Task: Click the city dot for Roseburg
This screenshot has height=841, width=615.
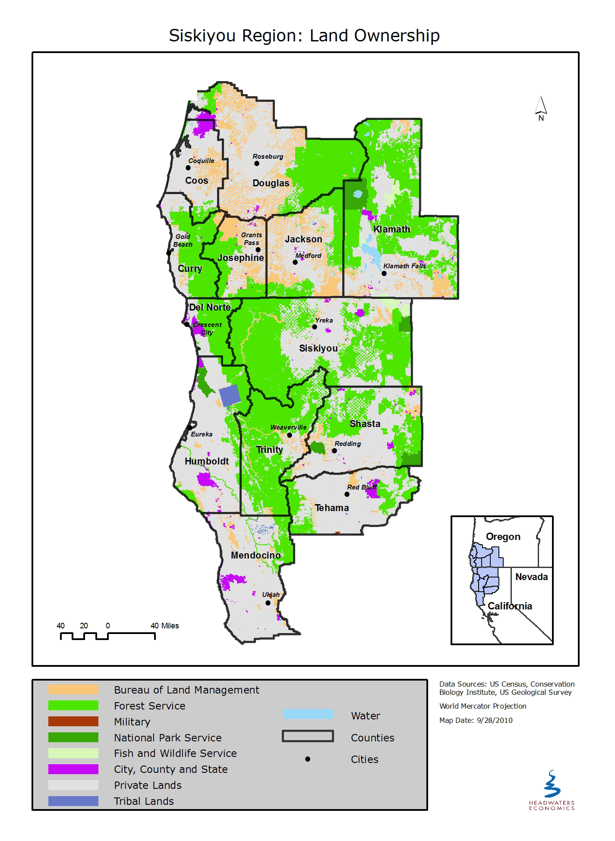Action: tap(256, 163)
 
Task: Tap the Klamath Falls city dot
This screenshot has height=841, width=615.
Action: tap(384, 273)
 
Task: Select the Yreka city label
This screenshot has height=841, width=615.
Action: tap(324, 320)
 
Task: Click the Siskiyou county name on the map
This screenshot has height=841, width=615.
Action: tap(319, 348)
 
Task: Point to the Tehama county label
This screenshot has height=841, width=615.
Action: tap(331, 508)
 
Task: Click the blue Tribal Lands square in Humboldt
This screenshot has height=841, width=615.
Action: tap(229, 395)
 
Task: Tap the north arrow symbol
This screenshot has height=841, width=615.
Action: tap(541, 108)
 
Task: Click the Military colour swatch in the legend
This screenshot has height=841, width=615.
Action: tap(73, 722)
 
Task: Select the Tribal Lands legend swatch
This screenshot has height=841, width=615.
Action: tap(73, 801)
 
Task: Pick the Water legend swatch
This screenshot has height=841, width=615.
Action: tap(308, 714)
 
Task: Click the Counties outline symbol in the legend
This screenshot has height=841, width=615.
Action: tap(308, 736)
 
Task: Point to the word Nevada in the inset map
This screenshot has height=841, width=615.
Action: tap(531, 577)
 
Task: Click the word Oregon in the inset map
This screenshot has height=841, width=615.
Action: tap(503, 537)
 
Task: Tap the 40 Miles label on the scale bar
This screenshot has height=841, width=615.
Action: tap(164, 626)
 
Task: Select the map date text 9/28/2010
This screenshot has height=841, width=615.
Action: tap(495, 720)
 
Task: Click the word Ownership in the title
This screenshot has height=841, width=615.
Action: tap(397, 35)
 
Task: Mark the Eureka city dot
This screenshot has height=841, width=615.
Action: tap(189, 427)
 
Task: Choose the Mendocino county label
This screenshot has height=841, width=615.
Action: tap(255, 555)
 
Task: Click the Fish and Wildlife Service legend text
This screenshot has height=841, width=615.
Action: tap(175, 753)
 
